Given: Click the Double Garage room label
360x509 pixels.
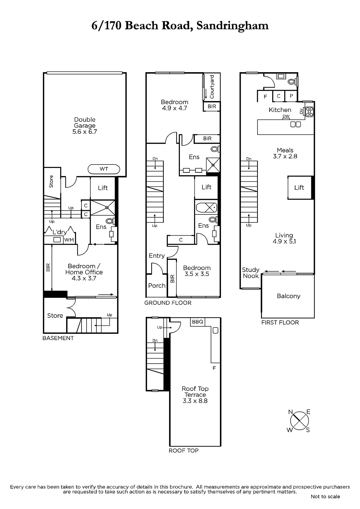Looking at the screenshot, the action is click(85, 122).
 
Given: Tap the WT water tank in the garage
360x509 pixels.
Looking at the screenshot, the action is click(104, 169).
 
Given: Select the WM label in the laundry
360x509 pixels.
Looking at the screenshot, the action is click(69, 240).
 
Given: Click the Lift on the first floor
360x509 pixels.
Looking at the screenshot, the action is click(299, 187).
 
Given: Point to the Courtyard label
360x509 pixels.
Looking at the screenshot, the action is click(212, 87).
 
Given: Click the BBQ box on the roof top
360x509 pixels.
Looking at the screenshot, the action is click(197, 322).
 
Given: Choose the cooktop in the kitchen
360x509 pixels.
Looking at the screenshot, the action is click(309, 112).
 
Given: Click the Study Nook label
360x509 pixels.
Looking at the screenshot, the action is click(251, 273).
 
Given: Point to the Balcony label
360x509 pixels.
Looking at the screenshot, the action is click(288, 296).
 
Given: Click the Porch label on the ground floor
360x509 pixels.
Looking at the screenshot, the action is click(157, 286).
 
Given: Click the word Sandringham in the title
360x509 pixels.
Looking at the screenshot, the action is click(232, 25).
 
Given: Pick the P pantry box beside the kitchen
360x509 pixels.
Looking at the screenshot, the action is click(291, 96).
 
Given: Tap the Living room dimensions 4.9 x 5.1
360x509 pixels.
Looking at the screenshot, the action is click(284, 241).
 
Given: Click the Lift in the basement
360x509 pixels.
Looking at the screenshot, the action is click(102, 188).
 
